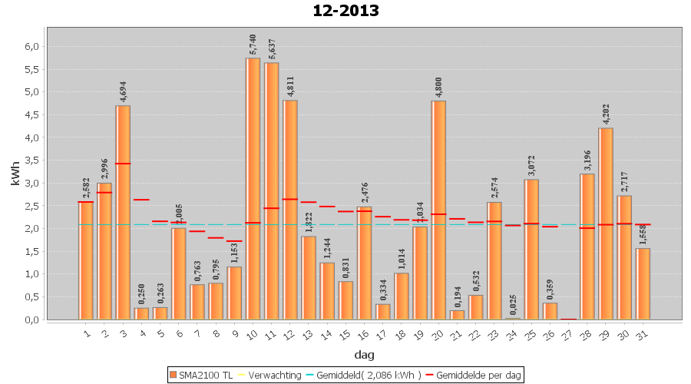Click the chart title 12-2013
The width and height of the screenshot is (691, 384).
tap(345, 11)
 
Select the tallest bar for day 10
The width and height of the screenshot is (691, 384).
tap(253, 188)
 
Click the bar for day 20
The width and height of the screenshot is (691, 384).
tap(438, 210)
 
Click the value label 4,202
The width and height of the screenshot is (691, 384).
tap(606, 113)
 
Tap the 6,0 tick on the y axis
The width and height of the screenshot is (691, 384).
tap(31, 47)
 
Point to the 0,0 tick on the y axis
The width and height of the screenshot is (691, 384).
tap(31, 319)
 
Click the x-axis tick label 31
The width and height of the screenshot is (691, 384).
tap(642, 333)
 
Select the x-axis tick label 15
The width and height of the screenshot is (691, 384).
tap(345, 333)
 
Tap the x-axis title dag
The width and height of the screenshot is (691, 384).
tap(364, 354)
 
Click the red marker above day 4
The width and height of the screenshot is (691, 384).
tap(141, 200)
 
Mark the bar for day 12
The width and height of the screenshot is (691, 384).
tap(290, 210)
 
